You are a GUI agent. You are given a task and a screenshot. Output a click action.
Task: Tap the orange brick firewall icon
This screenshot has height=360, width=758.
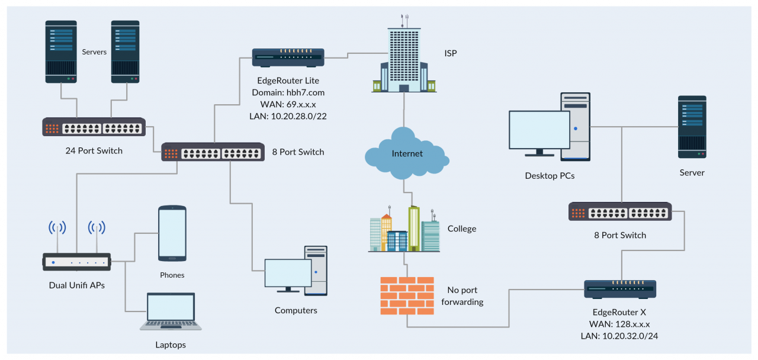point(406,295)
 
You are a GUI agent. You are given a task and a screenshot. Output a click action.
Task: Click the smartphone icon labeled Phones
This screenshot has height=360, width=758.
point(172,233)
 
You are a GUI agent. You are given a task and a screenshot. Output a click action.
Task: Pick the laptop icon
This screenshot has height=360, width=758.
point(171,312)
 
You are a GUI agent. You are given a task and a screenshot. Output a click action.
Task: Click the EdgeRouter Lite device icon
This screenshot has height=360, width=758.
point(288,57)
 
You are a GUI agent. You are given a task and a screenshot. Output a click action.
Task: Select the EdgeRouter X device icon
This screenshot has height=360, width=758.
point(620,289)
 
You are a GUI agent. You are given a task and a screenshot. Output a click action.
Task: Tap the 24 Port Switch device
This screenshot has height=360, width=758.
point(94,127)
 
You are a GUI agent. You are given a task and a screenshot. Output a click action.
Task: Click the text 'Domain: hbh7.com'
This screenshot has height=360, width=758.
point(288,93)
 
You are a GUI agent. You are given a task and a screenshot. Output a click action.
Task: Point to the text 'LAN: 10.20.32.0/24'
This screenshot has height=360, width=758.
point(620,336)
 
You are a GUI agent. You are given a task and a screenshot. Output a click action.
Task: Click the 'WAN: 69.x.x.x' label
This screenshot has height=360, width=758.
point(288,104)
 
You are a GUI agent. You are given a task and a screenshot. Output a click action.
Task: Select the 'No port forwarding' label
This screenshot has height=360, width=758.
point(462,296)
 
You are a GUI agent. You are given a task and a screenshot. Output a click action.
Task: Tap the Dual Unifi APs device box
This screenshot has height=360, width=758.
point(77,262)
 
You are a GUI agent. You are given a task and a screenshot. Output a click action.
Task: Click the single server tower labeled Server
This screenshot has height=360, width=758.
point(692,127)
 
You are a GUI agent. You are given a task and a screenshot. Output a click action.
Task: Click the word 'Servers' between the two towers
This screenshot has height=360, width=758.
point(94,52)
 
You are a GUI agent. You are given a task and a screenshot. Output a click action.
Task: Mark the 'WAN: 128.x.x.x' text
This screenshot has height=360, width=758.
point(620,324)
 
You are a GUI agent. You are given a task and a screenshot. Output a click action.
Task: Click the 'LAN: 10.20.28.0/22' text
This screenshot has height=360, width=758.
point(288,116)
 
